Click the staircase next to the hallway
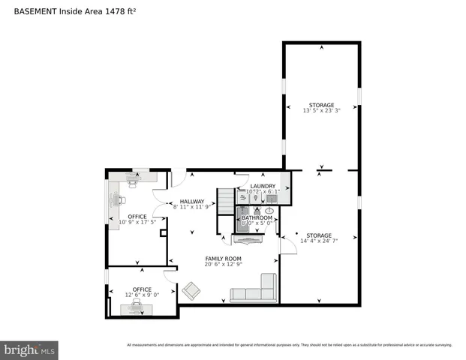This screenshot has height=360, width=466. click(x=226, y=201)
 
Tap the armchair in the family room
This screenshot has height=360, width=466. click(x=191, y=290)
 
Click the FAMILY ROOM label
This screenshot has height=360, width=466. click(x=223, y=258)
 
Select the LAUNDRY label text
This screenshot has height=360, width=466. click(x=263, y=186)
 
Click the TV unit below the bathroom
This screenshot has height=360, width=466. click(x=247, y=240)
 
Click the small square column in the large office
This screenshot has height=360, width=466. click(x=163, y=233)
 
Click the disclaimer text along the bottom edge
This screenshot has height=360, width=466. click(x=289, y=345)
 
